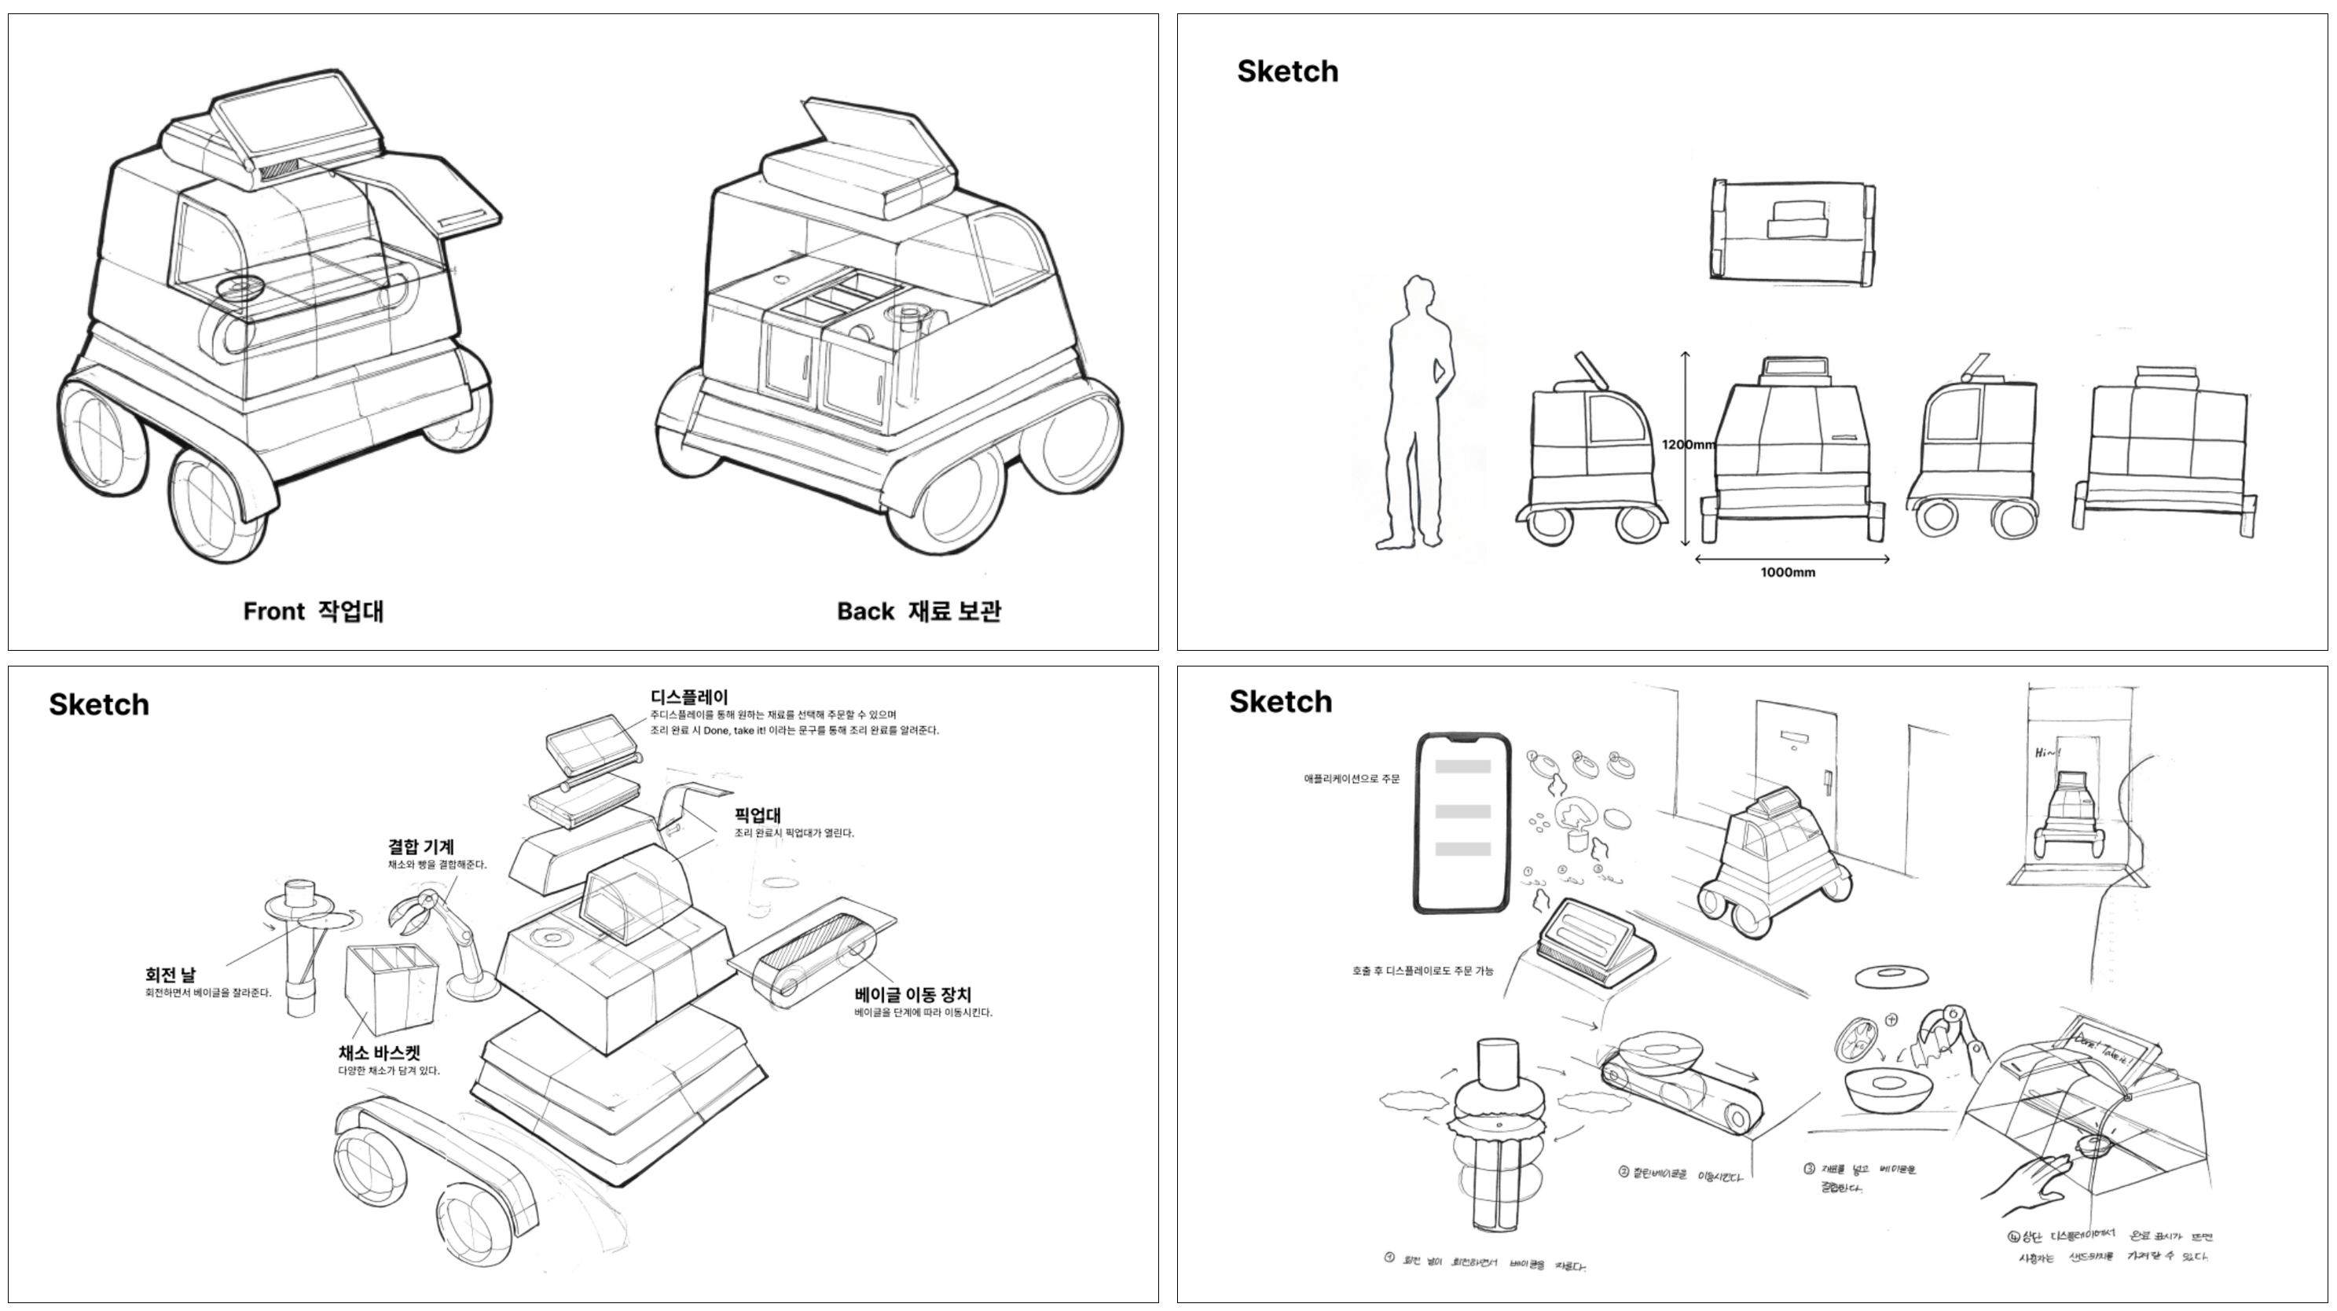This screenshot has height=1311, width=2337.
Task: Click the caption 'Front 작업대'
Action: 313,611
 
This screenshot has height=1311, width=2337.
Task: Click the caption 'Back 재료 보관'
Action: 918,611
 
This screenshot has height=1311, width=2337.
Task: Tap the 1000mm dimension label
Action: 1787,572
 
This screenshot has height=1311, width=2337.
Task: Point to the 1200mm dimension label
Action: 1687,445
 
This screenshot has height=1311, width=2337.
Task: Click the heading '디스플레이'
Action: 688,697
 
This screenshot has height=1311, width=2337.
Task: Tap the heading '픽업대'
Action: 758,815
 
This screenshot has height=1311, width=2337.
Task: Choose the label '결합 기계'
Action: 421,846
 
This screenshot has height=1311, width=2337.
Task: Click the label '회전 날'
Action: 170,975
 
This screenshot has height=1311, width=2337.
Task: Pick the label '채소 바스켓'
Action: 380,1052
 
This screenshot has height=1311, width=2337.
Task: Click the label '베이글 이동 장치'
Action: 912,994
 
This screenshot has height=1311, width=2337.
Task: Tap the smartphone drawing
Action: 1462,822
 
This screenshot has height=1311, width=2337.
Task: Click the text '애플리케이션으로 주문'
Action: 1351,778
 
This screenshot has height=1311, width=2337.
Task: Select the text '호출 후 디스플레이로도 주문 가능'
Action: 1422,971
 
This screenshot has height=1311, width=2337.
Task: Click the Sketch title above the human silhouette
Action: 1286,72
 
